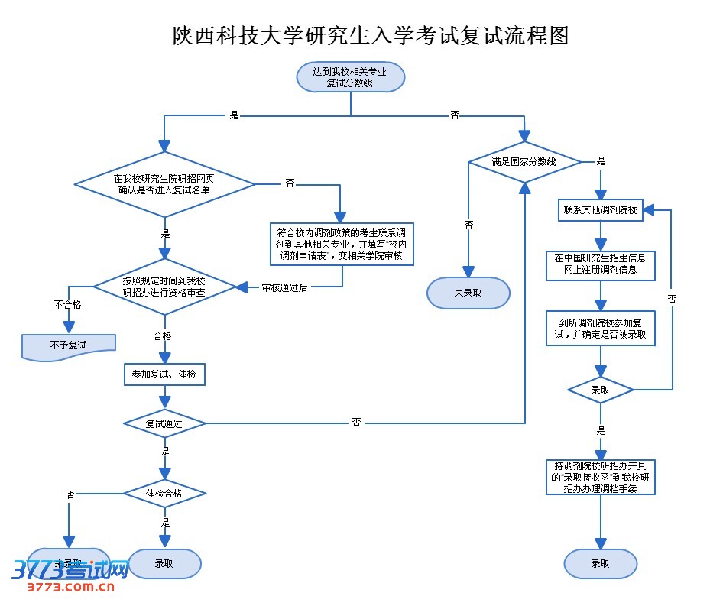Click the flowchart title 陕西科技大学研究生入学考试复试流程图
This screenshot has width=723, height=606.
tap(371, 35)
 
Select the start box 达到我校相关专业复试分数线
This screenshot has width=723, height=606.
tap(350, 77)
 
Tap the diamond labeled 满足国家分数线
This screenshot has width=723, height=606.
tap(524, 162)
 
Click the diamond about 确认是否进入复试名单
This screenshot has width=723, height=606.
tap(164, 184)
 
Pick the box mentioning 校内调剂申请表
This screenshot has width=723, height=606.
tap(342, 244)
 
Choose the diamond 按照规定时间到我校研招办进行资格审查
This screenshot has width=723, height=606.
tap(164, 287)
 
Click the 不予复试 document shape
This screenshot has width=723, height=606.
tap(69, 345)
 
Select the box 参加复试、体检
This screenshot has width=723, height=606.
tap(164, 374)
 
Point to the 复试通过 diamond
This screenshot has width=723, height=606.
tap(164, 423)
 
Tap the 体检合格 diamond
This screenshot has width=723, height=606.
tap(164, 494)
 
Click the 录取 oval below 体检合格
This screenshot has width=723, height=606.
tap(164, 564)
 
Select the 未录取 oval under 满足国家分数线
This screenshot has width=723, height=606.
tap(468, 293)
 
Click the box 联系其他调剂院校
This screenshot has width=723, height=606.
tap(600, 210)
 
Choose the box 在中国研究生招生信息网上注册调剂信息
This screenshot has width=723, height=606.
tap(600, 264)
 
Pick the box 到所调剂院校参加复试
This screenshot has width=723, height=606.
tap(600, 328)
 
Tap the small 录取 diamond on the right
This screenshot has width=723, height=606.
tap(600, 390)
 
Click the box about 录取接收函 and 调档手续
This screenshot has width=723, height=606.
tap(600, 477)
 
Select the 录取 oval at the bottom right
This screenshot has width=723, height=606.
tap(600, 564)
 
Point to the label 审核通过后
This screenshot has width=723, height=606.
tap(284, 287)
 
